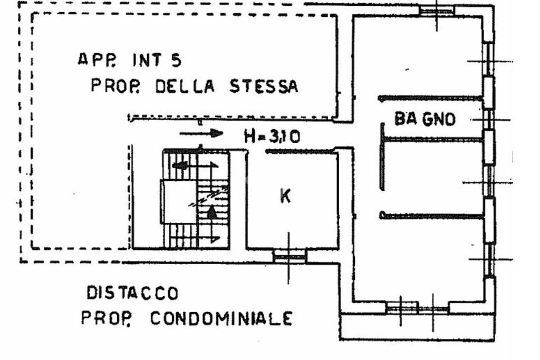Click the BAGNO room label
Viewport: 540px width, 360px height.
click(x=425, y=119)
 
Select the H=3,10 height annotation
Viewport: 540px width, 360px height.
click(x=272, y=137)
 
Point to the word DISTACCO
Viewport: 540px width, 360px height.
click(x=132, y=292)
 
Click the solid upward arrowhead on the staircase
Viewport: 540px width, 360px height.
click(x=211, y=212)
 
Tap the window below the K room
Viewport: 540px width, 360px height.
click(x=289, y=257)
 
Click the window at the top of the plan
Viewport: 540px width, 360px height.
click(x=437, y=10)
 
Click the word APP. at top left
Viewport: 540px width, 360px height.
click(x=94, y=60)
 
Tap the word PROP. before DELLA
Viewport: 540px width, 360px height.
click(x=110, y=85)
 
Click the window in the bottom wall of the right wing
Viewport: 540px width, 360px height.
click(x=417, y=307)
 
